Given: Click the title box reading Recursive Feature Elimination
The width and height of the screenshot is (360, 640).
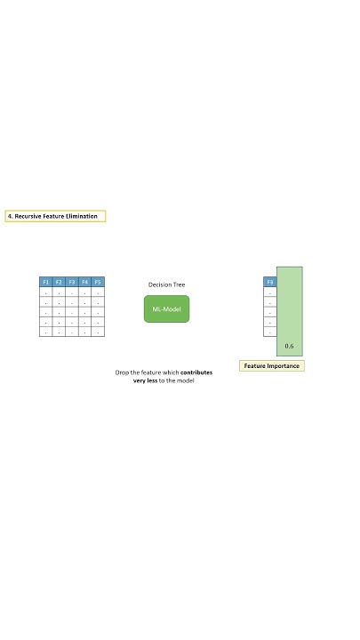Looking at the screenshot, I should (55, 216).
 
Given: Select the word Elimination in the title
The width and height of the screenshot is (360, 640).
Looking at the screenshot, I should (85, 216).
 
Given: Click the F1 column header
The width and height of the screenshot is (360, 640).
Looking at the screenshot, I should (45, 282).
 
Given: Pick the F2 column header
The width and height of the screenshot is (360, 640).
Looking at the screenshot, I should (59, 282).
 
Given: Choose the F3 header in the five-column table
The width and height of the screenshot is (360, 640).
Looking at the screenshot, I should (72, 282).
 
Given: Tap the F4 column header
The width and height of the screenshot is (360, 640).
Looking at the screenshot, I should (84, 282).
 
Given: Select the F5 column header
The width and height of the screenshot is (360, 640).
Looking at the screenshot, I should (98, 282).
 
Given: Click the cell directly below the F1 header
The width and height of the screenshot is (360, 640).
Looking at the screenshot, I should (45, 292).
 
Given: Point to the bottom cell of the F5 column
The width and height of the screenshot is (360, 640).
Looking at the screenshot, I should (98, 332).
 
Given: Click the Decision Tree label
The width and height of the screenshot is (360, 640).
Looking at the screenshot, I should (166, 285).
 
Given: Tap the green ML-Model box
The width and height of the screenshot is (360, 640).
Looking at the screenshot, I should (166, 308).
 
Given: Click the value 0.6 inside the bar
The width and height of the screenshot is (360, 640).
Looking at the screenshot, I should (289, 346).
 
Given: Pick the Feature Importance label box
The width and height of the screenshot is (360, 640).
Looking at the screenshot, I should (272, 365).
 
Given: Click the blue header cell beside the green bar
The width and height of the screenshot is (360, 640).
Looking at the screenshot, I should (270, 282).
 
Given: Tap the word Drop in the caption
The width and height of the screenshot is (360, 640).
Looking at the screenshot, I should (123, 372).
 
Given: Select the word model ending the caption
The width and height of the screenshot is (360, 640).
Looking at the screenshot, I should (183, 380).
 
